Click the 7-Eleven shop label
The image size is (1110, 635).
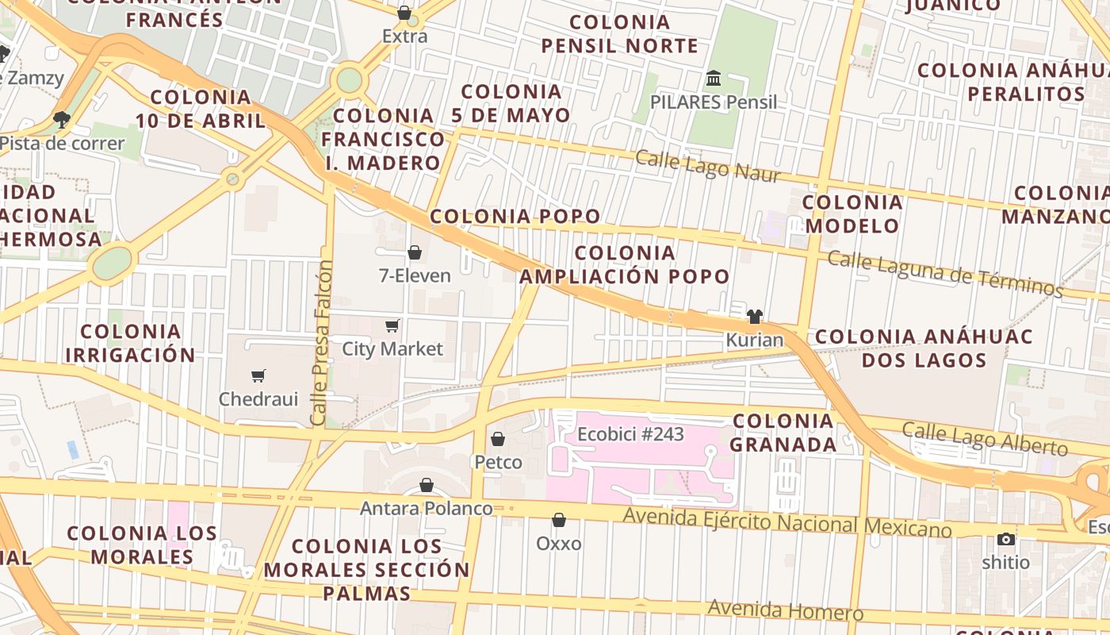414,275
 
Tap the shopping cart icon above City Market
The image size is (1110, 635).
392,326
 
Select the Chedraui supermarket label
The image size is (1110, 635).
258,398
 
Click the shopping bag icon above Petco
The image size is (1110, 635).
498,439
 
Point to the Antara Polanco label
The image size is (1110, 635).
427,507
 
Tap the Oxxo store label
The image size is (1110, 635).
559,544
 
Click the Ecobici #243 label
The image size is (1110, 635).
630,434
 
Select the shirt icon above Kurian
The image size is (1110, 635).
754,317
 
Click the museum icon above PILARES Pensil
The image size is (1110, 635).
714,79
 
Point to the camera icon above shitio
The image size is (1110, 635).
1006,540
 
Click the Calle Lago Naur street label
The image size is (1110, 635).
708,166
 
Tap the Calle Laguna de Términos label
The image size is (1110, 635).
944,274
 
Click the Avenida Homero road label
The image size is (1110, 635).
785,610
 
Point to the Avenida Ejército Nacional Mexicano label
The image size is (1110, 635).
787,521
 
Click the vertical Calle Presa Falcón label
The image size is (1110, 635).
320,343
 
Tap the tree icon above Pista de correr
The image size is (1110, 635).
61,120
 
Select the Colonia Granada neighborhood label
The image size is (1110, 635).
783,433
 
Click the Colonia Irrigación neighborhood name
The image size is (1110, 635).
130,343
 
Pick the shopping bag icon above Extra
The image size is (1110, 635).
404,13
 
